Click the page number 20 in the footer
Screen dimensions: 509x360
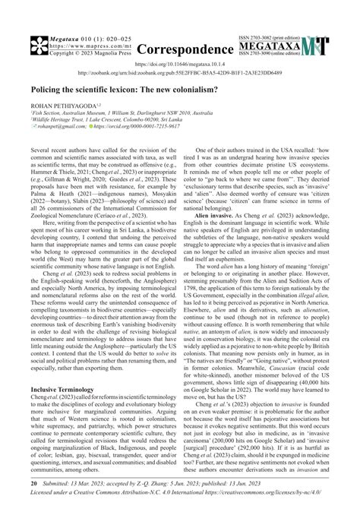(x=33, y=482)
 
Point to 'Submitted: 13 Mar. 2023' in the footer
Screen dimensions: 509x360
(x=80, y=482)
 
